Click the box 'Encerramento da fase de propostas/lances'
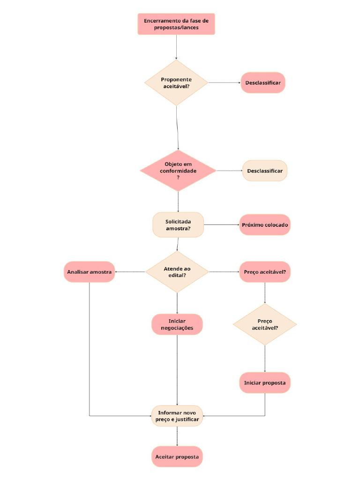click(176, 24)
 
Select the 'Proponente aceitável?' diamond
click(176, 82)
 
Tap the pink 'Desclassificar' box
click(263, 82)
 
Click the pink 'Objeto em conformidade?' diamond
click(178, 171)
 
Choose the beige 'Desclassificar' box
click(265, 171)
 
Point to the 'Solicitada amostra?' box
click(178, 225)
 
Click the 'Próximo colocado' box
click(265, 225)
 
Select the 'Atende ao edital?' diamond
click(177, 272)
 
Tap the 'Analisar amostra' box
click(89, 272)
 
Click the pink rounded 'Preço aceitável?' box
click(265, 272)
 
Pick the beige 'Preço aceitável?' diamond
click(265, 324)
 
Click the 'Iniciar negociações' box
click(177, 324)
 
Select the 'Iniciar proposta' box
click(265, 383)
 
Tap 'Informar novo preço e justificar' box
click(177, 416)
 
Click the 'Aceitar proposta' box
click(177, 457)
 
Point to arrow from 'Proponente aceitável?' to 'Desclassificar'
click(224, 82)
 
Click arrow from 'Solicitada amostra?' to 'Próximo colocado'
click(221, 225)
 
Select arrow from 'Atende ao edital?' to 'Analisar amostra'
click(130, 272)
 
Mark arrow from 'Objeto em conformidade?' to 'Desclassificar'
click(229, 171)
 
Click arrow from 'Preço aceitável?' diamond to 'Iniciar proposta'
click(265, 359)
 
